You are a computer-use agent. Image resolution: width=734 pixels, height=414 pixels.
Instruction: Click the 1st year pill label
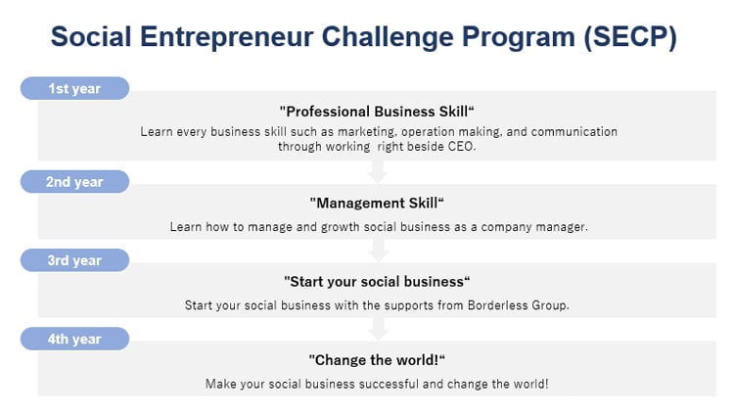(x=75, y=88)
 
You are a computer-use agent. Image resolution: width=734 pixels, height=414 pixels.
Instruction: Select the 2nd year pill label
(x=75, y=181)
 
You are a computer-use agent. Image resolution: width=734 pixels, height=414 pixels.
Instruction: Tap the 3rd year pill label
(x=75, y=260)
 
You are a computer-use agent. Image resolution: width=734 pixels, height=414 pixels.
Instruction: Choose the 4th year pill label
(x=75, y=339)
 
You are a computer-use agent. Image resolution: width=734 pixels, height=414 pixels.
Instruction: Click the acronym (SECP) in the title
(x=630, y=37)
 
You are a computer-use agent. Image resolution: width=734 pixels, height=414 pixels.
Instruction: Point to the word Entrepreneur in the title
(x=227, y=37)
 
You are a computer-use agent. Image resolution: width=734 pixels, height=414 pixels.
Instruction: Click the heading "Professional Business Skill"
(x=377, y=112)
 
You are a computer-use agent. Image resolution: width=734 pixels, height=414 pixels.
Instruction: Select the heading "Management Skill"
(x=377, y=203)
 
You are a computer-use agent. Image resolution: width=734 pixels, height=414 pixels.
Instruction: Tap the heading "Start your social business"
(x=377, y=282)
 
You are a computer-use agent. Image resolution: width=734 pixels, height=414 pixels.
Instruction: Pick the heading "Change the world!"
(x=377, y=360)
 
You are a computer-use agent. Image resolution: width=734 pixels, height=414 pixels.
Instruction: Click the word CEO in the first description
(x=462, y=147)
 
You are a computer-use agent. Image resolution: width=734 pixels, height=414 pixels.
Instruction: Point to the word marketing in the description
(x=367, y=132)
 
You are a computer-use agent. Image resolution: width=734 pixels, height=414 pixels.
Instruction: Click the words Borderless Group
(x=518, y=305)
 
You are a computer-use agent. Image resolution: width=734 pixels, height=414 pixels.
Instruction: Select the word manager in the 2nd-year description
(x=562, y=227)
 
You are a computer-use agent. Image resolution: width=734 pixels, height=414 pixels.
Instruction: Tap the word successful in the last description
(x=389, y=384)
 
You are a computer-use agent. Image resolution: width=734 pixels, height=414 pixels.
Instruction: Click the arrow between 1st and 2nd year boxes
(x=378, y=171)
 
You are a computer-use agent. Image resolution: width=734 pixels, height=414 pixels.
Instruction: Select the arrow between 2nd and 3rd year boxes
(x=378, y=251)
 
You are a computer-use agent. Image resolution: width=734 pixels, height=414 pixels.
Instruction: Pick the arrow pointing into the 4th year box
(x=378, y=329)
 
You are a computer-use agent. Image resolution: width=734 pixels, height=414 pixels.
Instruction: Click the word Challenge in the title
(x=388, y=37)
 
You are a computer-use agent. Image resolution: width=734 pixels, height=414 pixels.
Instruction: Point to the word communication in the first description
(x=573, y=131)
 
